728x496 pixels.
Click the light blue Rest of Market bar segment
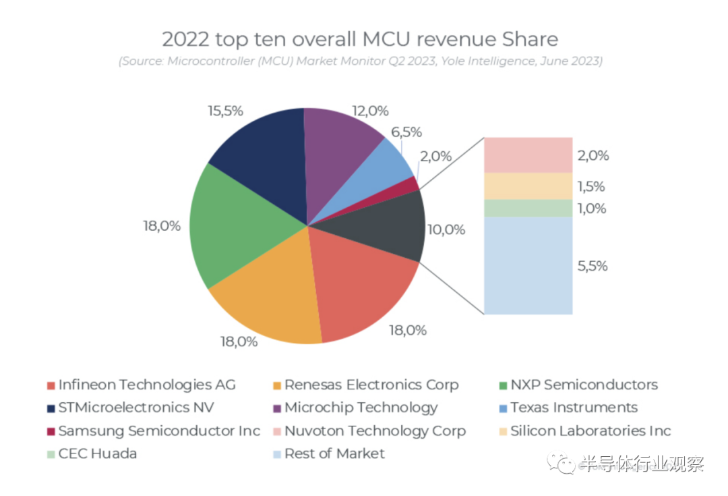click(x=528, y=265)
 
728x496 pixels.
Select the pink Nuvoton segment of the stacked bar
click(x=528, y=155)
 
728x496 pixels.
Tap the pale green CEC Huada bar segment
click(x=528, y=208)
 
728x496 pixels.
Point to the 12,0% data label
click(x=371, y=111)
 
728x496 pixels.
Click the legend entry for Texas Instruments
click(x=574, y=408)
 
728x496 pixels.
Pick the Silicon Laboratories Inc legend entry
click(x=590, y=431)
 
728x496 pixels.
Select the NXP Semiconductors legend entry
click(x=584, y=385)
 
